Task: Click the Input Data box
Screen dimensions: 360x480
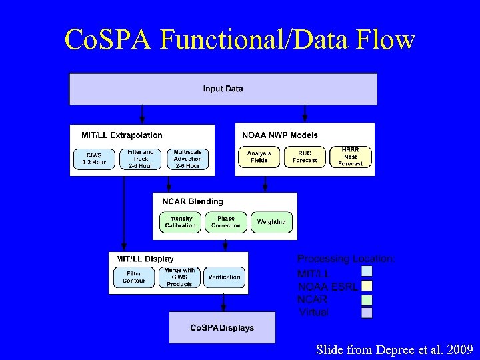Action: click(223, 89)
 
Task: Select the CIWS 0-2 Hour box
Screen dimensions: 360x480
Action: click(94, 158)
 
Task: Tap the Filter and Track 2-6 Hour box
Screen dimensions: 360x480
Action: click(140, 158)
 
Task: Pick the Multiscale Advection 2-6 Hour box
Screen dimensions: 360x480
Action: click(187, 158)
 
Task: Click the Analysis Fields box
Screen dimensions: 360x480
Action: click(259, 157)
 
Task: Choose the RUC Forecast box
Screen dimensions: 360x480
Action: click(305, 157)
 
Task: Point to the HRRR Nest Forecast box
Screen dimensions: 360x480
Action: click(351, 157)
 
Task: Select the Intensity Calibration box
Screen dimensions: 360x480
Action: click(180, 222)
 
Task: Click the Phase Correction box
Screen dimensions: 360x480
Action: click(225, 222)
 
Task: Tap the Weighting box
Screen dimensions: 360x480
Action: click(271, 222)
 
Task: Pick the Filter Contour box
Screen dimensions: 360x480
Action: click(134, 277)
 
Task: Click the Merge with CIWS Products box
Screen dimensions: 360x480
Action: click(179, 277)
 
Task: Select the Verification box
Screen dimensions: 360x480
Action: click(224, 277)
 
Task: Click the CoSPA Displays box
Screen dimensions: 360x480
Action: click(222, 327)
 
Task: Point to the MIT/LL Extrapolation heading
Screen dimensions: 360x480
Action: click(121, 135)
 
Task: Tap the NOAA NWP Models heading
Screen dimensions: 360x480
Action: click(280, 135)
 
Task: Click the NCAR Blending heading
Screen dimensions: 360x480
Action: click(192, 201)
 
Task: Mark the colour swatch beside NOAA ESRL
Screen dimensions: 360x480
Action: click(367, 286)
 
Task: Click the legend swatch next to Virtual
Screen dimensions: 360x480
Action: click(367, 312)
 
